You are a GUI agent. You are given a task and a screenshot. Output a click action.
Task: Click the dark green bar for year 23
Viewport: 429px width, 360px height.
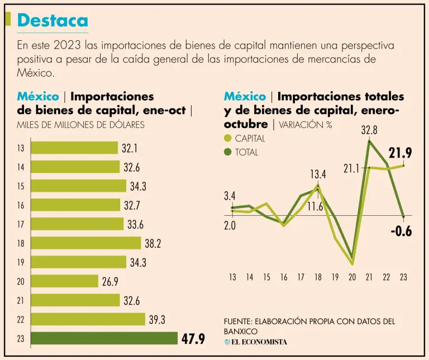pos(104,339)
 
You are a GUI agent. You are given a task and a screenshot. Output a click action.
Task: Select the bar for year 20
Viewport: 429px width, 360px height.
pos(64,281)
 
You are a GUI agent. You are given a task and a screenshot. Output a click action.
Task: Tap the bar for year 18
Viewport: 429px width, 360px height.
pos(85,243)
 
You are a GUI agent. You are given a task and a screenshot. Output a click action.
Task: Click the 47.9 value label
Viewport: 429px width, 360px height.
pos(194,339)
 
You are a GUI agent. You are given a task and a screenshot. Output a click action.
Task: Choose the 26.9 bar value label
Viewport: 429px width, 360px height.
pos(110,281)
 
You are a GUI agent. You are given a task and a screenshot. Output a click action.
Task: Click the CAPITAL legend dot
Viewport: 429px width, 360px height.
pos(227,139)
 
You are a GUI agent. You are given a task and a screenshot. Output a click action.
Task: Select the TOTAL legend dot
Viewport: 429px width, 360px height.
pos(227,151)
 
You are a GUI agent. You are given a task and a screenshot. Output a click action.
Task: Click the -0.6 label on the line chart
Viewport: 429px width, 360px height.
pos(400,231)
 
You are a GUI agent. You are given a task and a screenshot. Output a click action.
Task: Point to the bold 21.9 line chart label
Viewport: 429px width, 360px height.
pos(400,153)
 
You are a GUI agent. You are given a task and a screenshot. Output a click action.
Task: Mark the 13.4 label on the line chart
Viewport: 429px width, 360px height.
pos(318,174)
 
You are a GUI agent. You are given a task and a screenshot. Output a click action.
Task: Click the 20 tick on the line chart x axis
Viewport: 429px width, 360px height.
pos(352,277)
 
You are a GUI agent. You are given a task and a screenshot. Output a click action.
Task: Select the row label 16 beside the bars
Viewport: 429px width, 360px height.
pos(21,205)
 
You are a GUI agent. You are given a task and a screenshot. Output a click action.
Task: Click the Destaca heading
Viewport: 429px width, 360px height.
pos(53,20)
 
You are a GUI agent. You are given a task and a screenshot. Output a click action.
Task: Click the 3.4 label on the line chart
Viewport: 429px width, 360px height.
pos(230,196)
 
